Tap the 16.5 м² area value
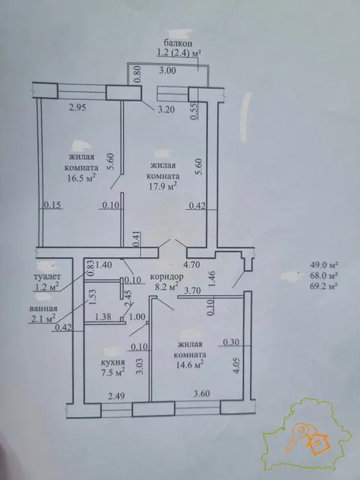pos(82,178)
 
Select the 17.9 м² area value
pos(163,186)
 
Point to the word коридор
pos(167,276)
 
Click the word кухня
pos(113,362)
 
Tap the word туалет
pos(47,276)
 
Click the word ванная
pos(43,308)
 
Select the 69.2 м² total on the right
pos(324,286)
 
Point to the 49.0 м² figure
pos(324,265)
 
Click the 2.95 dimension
pos(78,108)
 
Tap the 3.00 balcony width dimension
pos(168,70)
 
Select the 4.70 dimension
pos(192,264)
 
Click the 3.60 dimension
pos(201,393)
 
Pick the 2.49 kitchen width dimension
pos(117,396)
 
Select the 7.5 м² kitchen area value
pos(113,372)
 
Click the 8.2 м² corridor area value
pos(167,287)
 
